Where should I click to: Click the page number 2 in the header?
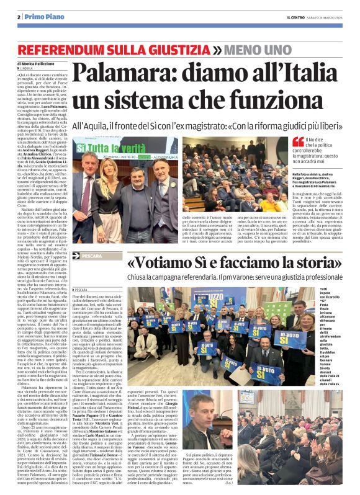point(20,17)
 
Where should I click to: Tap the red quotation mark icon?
point(298,142)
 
